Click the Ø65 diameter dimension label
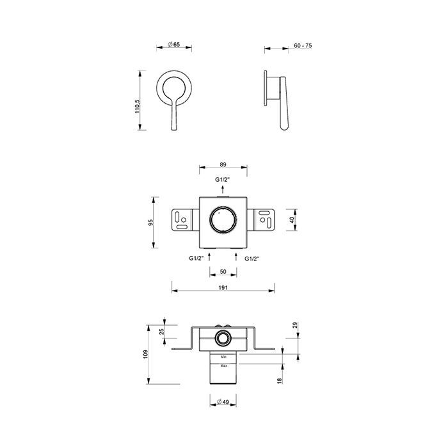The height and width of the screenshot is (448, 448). coord(172,44)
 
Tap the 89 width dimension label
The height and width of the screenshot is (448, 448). coord(222,164)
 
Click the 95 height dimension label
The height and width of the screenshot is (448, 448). coord(151,223)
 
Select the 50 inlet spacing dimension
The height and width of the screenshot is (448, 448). coord(222,271)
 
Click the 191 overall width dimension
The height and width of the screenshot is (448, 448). coord(222,288)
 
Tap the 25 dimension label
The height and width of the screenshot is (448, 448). coord(162,332)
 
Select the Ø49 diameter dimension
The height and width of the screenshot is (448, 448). coord(222,402)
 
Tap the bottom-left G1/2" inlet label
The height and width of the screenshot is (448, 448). coord(196,258)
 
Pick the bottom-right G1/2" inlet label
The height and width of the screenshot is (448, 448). coord(252,258)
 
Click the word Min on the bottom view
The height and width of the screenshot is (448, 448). coord(223,356)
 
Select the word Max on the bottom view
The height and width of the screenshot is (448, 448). coord(223,365)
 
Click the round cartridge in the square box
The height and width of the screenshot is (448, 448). coord(223,221)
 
